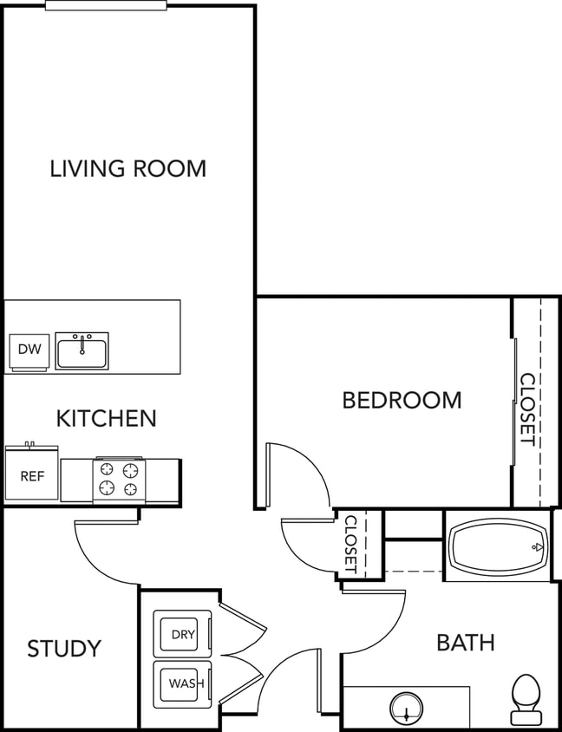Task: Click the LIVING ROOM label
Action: click(x=127, y=167)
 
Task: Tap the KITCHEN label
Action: click(x=106, y=418)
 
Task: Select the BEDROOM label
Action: click(x=402, y=400)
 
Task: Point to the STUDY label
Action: click(x=64, y=648)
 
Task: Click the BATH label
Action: click(x=465, y=643)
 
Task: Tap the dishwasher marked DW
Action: click(x=29, y=350)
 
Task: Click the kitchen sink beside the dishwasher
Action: click(x=82, y=350)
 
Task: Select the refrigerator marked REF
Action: click(x=32, y=476)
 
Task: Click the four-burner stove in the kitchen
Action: click(x=119, y=480)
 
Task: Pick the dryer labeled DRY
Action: click(x=182, y=634)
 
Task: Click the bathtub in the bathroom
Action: click(x=497, y=547)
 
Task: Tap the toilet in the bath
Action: click(x=526, y=698)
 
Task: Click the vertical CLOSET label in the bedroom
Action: click(x=526, y=408)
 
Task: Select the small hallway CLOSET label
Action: click(x=351, y=544)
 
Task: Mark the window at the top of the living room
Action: click(x=106, y=5)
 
